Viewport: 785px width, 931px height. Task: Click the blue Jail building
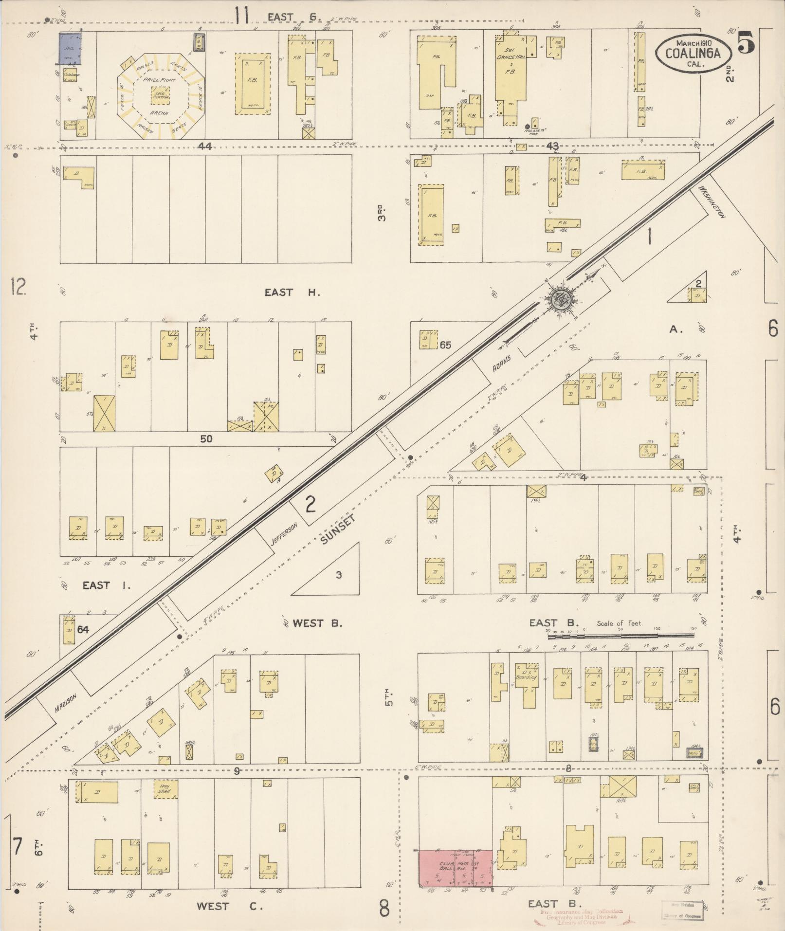coord(70,48)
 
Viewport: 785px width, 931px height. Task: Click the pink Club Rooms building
coord(455,868)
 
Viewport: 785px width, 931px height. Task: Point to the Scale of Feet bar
coord(621,635)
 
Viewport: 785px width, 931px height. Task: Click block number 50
coord(206,438)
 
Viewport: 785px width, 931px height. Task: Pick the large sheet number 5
coord(746,42)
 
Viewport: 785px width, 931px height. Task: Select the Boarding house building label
coord(526,677)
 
